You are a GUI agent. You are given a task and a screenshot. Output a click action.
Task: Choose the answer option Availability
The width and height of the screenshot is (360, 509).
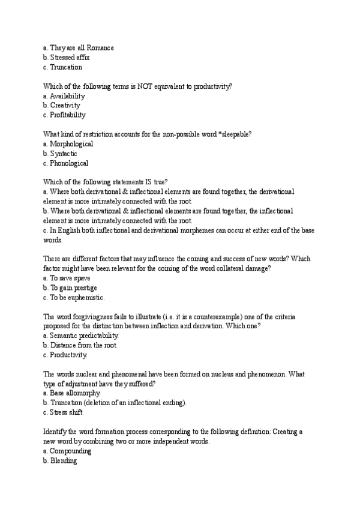pos(67,96)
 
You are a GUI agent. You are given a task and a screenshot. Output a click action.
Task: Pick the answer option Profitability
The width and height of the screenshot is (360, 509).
pos(68,115)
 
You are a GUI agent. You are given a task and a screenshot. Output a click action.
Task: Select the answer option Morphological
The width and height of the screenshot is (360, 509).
pos(71,144)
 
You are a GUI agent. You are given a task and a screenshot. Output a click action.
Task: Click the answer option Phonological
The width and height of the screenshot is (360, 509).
pos(69,163)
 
